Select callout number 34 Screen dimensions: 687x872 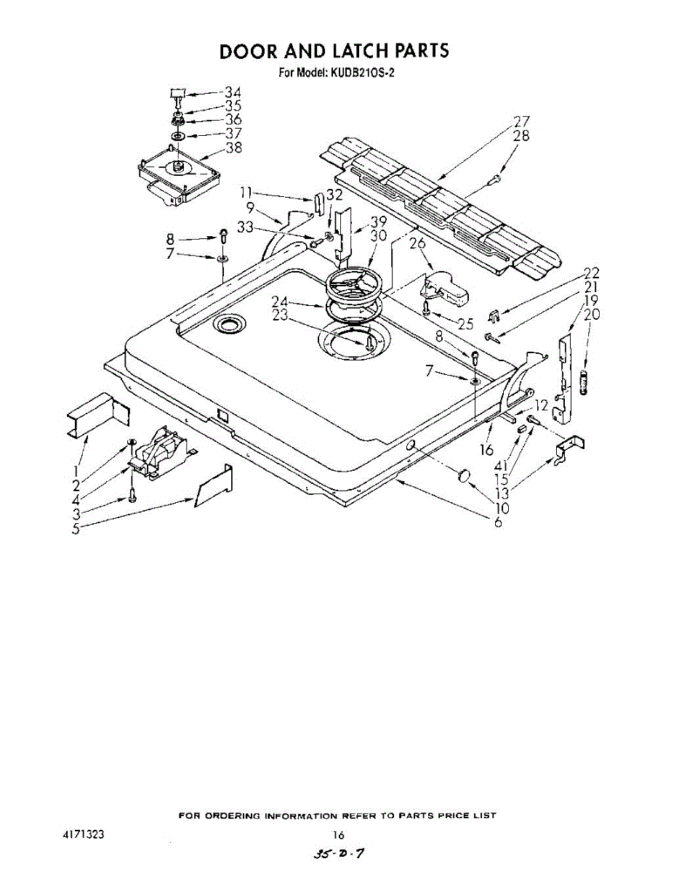coord(233,92)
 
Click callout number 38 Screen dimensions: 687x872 coord(233,148)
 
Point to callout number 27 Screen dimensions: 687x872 coord(521,121)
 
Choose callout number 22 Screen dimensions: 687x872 coord(592,273)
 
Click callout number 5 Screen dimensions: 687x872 coord(76,528)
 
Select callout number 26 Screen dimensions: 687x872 coord(417,243)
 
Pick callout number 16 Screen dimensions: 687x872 coord(487,451)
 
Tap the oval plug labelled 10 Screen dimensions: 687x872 coord(462,476)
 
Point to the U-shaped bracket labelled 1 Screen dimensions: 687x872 coord(96,416)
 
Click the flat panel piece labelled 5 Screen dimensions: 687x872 coord(214,487)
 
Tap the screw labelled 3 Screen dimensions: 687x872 coord(132,496)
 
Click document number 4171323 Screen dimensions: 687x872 coord(84,835)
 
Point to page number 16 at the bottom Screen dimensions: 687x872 coord(338,835)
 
